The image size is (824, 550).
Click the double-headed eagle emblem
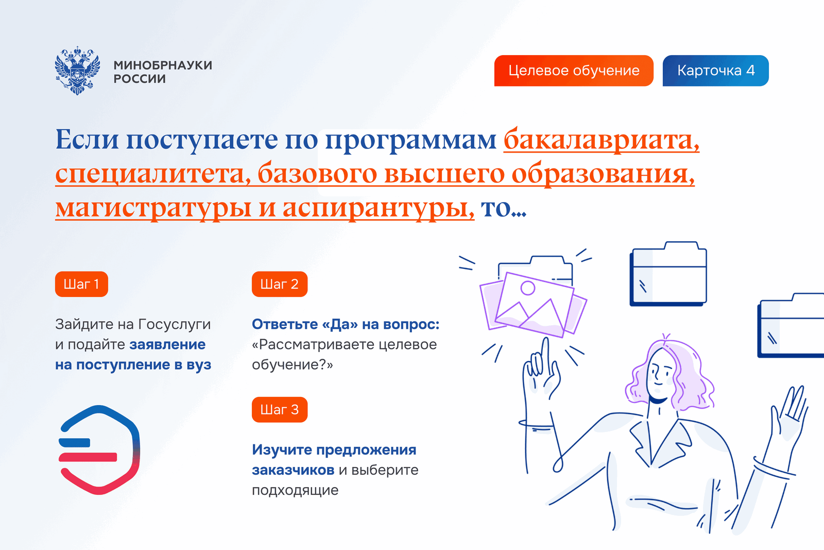(77, 70)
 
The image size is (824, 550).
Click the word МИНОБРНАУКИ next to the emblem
(163, 65)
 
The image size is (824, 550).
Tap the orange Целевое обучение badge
(574, 71)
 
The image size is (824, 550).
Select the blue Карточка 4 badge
(715, 71)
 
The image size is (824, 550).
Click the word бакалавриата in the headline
(602, 140)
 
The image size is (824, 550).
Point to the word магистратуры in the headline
(153, 209)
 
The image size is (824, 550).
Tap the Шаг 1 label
(81, 284)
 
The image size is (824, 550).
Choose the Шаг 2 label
(280, 284)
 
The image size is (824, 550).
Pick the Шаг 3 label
(280, 410)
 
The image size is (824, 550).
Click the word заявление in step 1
(167, 345)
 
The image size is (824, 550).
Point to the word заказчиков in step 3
(293, 470)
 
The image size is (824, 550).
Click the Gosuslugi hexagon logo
(99, 450)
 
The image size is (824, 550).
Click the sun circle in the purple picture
(528, 288)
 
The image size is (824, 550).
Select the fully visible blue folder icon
(668, 274)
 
